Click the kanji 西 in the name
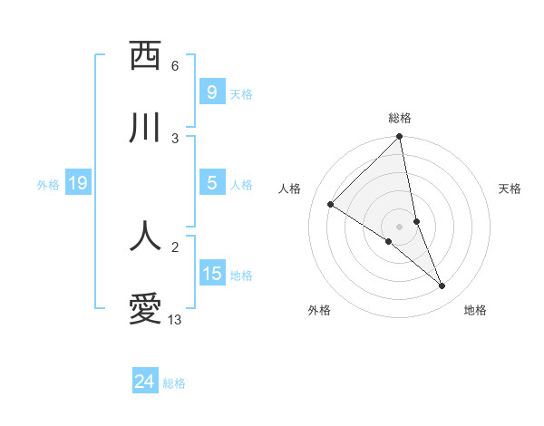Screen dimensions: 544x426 click(145, 57)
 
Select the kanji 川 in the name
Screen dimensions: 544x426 click(145, 128)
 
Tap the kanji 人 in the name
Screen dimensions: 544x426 click(145, 236)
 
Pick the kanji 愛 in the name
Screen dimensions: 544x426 click(145, 310)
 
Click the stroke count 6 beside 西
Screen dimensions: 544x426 click(175, 66)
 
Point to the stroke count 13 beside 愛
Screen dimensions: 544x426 click(175, 320)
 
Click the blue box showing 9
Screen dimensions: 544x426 click(211, 92)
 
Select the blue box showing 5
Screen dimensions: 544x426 click(211, 183)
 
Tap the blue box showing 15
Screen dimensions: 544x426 click(211, 273)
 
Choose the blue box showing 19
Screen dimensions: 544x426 click(78, 183)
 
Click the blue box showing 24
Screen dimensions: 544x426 click(144, 382)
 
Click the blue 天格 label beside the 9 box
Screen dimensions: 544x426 click(241, 93)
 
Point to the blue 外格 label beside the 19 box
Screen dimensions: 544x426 click(48, 185)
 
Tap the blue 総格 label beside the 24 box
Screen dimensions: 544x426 click(174, 383)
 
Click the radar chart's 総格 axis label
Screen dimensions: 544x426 click(400, 118)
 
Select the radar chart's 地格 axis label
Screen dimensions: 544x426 click(475, 310)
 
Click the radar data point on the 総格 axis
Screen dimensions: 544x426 click(400, 138)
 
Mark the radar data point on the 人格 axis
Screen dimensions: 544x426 click(331, 205)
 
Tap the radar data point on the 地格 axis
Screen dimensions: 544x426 click(442, 286)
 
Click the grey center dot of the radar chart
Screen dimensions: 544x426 click(400, 226)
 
